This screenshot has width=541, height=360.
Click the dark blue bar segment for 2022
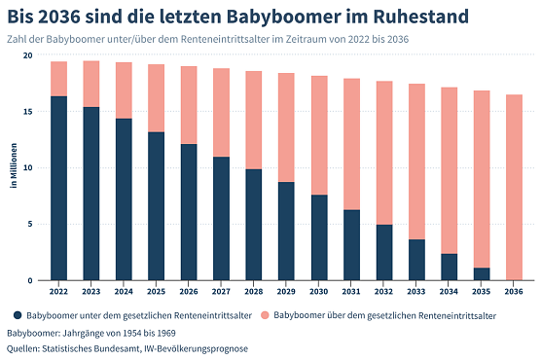point(58,188)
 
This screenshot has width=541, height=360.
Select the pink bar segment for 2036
point(513,187)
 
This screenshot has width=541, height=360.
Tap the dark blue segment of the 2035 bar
point(481,273)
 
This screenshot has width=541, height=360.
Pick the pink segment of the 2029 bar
point(286,127)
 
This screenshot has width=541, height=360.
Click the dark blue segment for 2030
point(318,237)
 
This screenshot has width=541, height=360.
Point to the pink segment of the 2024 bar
point(124,90)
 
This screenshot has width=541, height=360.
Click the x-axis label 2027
point(221,290)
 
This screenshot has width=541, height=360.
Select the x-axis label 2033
point(415,290)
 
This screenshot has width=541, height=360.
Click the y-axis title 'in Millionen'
point(14,167)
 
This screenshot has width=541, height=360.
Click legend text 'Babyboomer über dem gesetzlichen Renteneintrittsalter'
point(385,315)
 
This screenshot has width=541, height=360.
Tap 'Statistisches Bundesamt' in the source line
point(97,348)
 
